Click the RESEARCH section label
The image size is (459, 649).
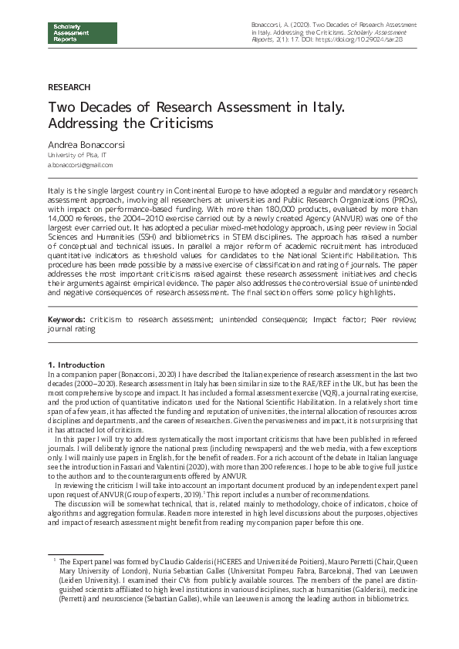click(69, 88)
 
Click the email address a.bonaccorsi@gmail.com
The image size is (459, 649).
click(79, 165)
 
